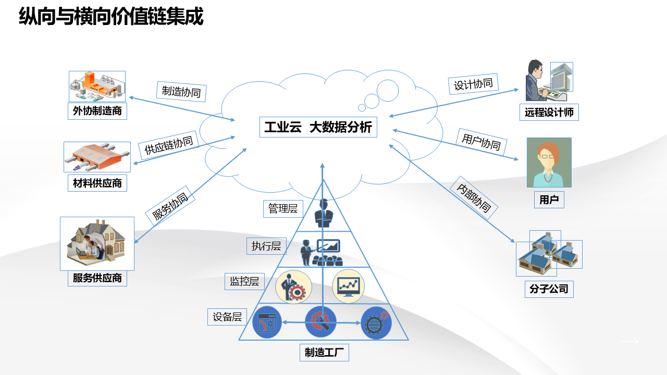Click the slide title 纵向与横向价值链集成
[x=111, y=17]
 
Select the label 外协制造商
[x=97, y=111]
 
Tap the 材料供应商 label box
[x=97, y=183]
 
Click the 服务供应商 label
[x=97, y=278]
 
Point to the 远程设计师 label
[x=549, y=112]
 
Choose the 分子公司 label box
[x=549, y=289]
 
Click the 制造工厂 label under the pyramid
[x=324, y=353]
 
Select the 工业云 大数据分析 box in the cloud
[x=318, y=127]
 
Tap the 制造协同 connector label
[x=181, y=91]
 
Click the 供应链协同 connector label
[x=169, y=142]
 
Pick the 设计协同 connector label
[x=473, y=84]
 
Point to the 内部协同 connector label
[x=474, y=198]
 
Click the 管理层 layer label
[x=282, y=209]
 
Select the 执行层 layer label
[x=266, y=246]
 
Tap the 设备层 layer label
[x=227, y=317]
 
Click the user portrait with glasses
[x=549, y=162]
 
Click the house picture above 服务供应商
[x=97, y=243]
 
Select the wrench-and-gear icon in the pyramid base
[x=320, y=322]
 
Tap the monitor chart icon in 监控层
[x=348, y=286]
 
